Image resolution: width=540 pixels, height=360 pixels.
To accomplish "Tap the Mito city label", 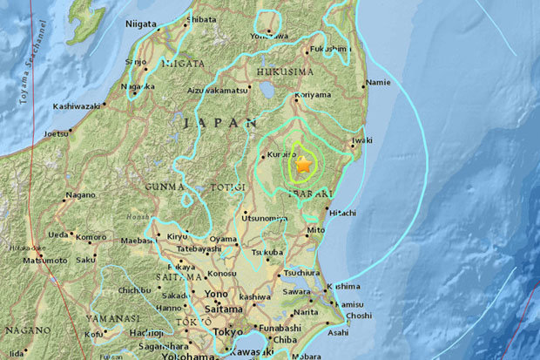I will (x=316, y=230).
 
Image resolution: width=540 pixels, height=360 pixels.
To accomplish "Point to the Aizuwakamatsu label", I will (x=219, y=90).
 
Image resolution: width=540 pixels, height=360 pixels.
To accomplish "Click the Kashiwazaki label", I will (x=77, y=106).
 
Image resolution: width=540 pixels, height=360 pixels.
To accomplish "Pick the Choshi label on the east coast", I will (x=358, y=315).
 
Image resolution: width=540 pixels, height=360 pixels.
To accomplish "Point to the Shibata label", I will (x=203, y=17).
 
